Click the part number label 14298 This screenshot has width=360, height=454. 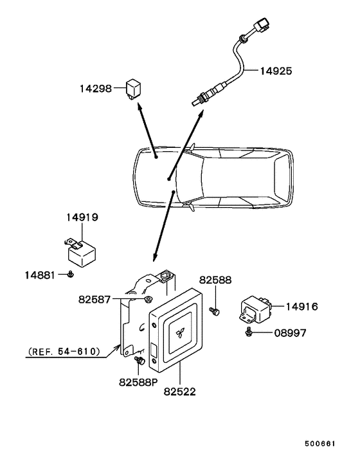[96, 88]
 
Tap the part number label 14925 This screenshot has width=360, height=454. [276, 71]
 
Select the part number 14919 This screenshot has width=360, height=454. [82, 217]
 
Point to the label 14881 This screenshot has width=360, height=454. [40, 275]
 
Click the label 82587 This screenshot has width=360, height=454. [94, 300]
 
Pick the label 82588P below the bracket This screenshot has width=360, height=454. [138, 383]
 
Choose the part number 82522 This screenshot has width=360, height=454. [180, 392]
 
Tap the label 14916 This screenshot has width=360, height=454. [302, 307]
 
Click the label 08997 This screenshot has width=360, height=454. [290, 333]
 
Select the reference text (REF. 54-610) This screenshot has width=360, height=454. [64, 352]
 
